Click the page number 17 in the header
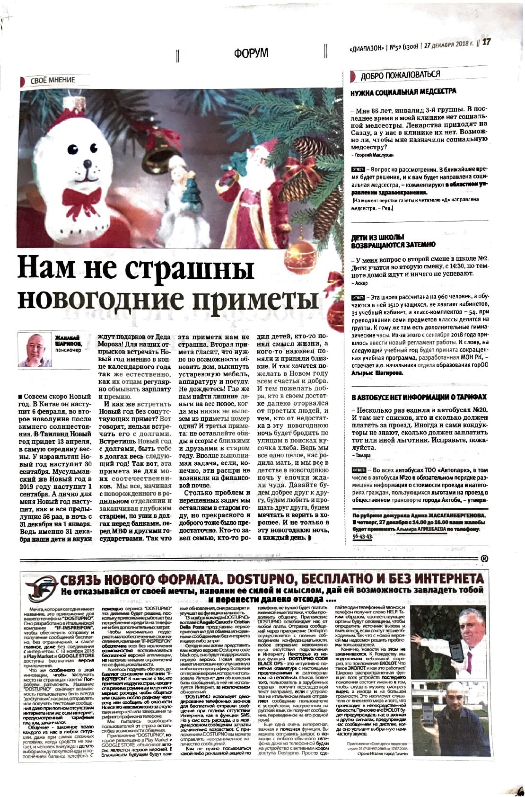pos(487,42)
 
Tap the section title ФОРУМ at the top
pos(251,53)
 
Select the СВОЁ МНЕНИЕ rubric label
pos(52,80)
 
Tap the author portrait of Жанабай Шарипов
pos(35,349)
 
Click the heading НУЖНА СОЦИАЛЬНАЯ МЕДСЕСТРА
pos(403,91)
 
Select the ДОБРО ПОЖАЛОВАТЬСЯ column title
pos(400,75)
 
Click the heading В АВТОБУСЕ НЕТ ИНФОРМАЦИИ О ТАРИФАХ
pos(419,397)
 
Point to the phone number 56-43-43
pos(363,536)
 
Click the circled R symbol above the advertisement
pos(485,558)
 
